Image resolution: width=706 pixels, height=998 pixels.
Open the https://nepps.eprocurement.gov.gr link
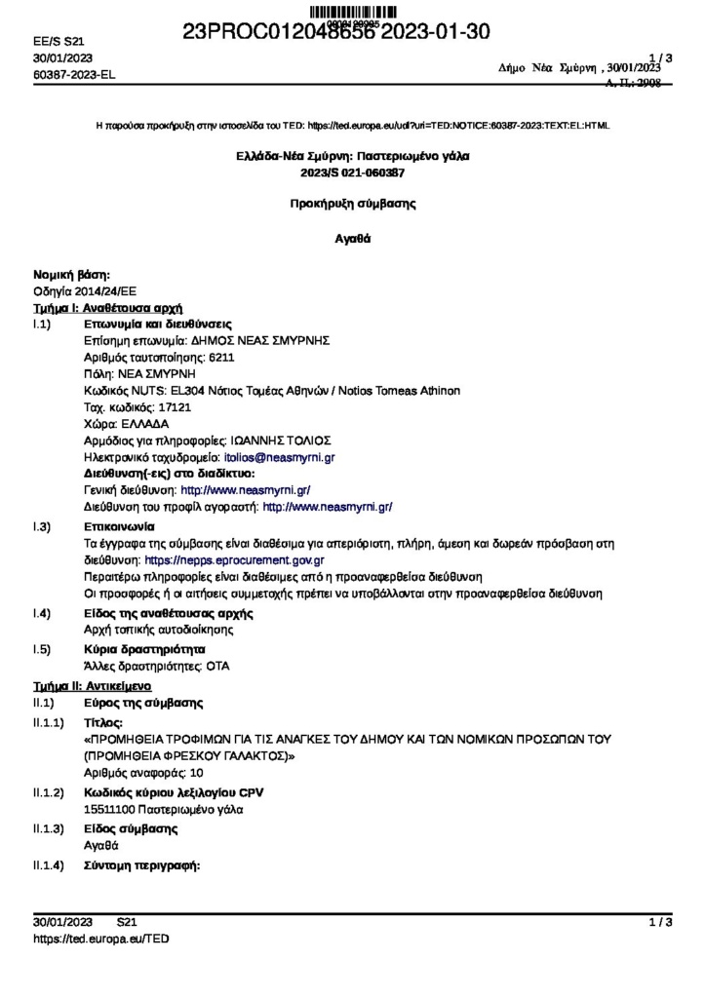tap(234, 561)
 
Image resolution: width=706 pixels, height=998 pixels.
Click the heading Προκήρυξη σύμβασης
tap(352, 205)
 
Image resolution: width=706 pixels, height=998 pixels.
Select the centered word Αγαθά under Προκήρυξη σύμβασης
tap(352, 238)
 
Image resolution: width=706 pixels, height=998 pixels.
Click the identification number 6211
tap(221, 357)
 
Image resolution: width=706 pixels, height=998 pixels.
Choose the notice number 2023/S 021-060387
tap(352, 173)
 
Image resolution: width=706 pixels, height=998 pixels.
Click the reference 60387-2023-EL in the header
tap(74, 75)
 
